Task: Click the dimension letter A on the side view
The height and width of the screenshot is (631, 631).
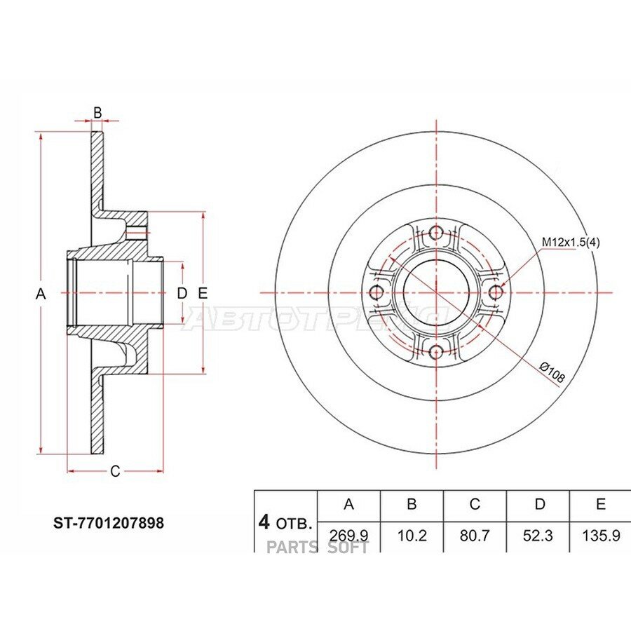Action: pyautogui.click(x=41, y=294)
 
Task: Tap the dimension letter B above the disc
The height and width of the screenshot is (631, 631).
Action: pyautogui.click(x=97, y=113)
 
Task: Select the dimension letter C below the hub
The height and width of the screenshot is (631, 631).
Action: pyautogui.click(x=115, y=471)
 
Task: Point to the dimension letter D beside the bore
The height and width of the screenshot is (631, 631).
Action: pyautogui.click(x=182, y=293)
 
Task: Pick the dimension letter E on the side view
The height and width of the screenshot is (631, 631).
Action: pyautogui.click(x=203, y=293)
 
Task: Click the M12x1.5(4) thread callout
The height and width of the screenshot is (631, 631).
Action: pyautogui.click(x=571, y=243)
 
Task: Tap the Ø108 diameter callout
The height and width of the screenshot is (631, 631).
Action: pyautogui.click(x=552, y=373)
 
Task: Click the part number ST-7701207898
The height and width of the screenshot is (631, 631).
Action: pyautogui.click(x=109, y=523)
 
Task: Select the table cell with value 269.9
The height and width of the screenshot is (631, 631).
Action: pyautogui.click(x=349, y=536)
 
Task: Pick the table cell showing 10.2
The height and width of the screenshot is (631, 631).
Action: pyautogui.click(x=412, y=536)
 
